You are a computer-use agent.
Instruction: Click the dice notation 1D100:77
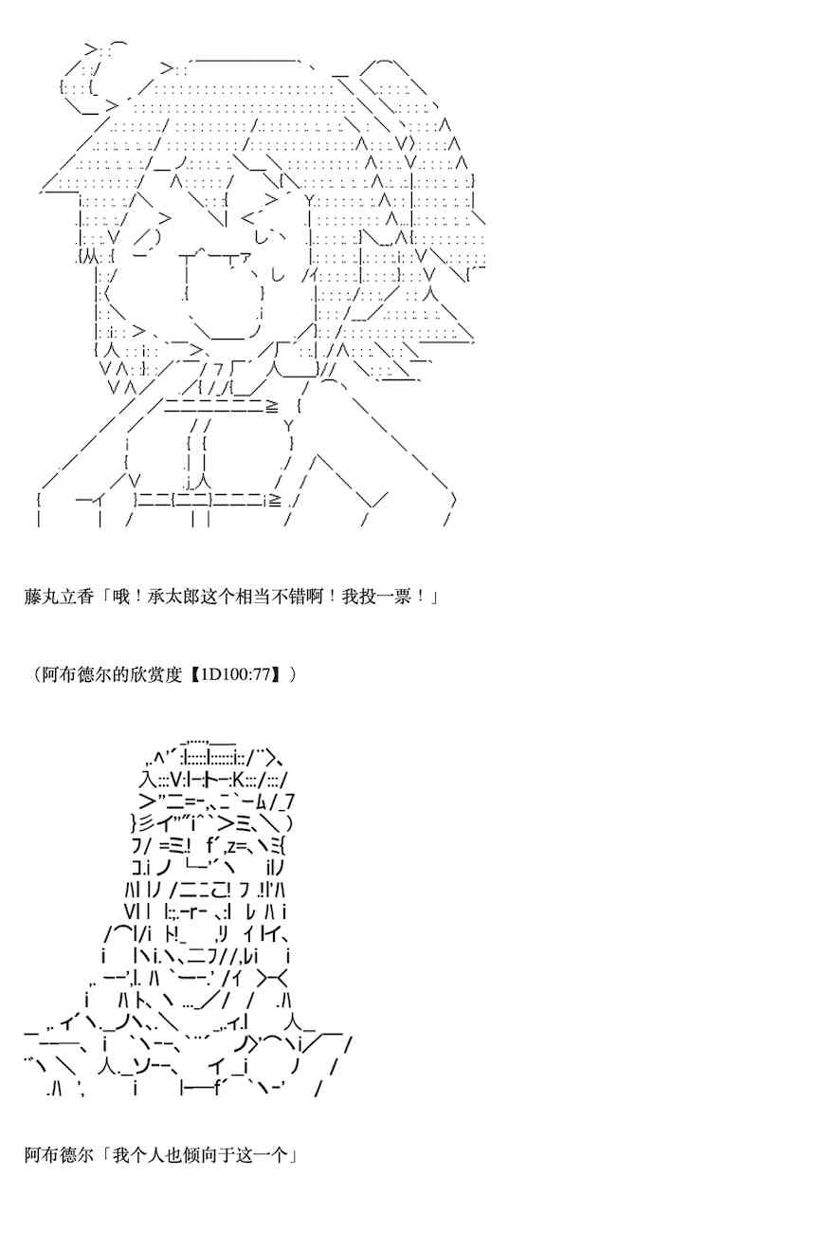tap(236, 675)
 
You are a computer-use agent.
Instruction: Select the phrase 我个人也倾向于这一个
tap(199, 1155)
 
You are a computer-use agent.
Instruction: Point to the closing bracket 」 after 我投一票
tap(430, 598)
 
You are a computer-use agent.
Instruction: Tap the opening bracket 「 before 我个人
tap(104, 1155)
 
